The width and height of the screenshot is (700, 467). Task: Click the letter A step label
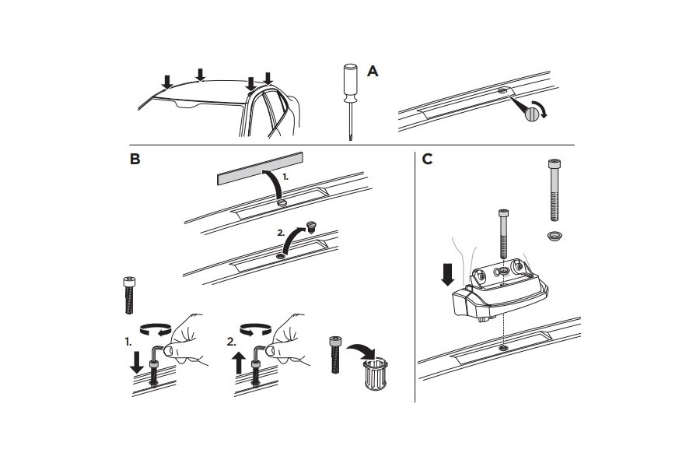point(373,72)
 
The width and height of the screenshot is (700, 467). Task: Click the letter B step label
point(135,160)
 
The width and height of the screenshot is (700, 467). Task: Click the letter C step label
point(427,160)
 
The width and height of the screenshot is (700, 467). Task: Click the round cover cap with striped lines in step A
point(531,114)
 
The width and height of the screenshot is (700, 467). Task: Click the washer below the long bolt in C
point(554,234)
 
